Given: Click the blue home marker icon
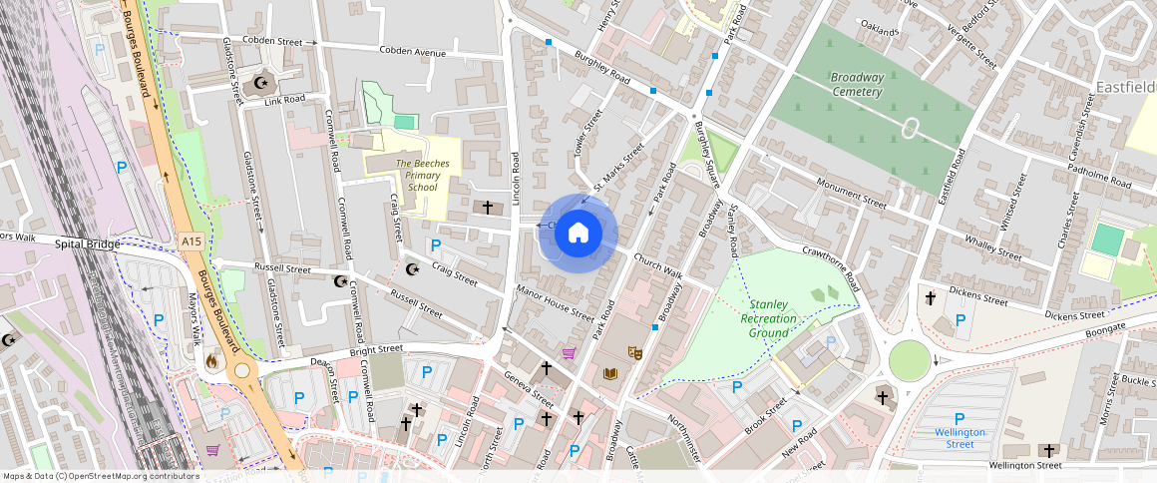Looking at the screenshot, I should coord(578,234).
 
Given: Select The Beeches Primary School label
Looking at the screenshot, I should coord(416,175).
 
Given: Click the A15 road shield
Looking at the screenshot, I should coord(193,241).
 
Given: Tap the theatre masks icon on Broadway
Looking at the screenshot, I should coord(633,351).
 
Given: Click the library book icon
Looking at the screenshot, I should coord(610,373).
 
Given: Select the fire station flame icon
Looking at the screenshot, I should coord(210,361).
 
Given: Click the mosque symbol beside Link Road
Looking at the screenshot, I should coord(263,84).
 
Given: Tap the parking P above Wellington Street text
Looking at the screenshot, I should coord(960,418).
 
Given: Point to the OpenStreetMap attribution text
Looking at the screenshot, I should coord(100,476).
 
